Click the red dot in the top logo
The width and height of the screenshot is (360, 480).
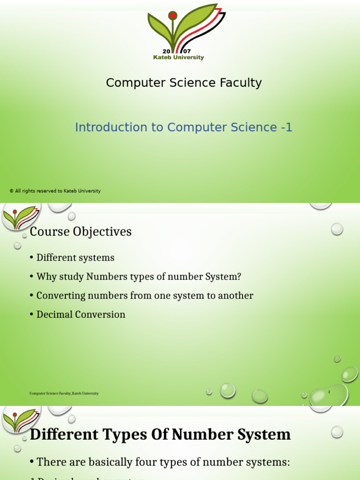pos(172,16)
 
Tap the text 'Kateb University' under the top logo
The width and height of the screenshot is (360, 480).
pos(179,58)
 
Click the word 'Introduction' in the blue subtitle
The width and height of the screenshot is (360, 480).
pos(105,127)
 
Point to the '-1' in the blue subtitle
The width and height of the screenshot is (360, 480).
pos(287,127)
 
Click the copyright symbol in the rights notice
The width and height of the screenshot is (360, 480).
pos(11,191)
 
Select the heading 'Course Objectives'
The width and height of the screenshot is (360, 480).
pos(81,232)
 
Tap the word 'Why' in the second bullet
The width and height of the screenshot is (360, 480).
pos(45,277)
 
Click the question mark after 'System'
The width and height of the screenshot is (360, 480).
pos(239,277)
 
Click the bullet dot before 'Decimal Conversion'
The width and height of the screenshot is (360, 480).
pos(31,315)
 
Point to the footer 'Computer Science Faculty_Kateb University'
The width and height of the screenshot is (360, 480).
pos(64,394)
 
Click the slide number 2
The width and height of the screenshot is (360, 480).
pos(329,392)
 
